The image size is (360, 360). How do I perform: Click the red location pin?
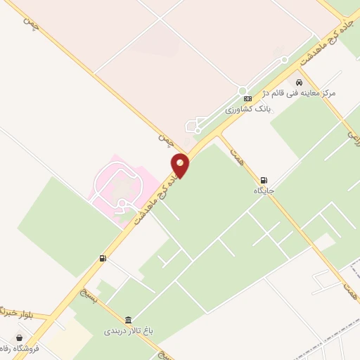click(x=181, y=165)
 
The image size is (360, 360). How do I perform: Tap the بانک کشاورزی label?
click(x=247, y=110)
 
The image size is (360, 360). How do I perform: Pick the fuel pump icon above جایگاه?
click(x=264, y=180)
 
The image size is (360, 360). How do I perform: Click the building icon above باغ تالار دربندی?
click(x=128, y=319)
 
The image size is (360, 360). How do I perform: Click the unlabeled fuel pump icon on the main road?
click(x=103, y=259)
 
